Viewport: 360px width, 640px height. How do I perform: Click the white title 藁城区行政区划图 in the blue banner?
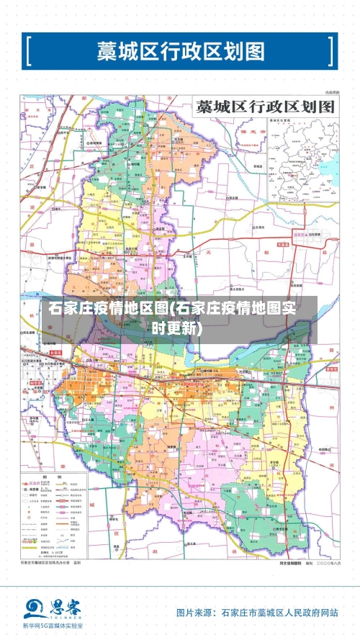181,51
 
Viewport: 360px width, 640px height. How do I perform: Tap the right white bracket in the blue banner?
330,51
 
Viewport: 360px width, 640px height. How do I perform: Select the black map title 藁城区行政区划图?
266,107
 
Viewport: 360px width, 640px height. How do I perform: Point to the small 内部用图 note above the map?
331,93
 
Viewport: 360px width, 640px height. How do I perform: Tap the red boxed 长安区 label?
56,353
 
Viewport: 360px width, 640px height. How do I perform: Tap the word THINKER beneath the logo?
63,618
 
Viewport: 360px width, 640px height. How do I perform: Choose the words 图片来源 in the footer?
194,613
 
